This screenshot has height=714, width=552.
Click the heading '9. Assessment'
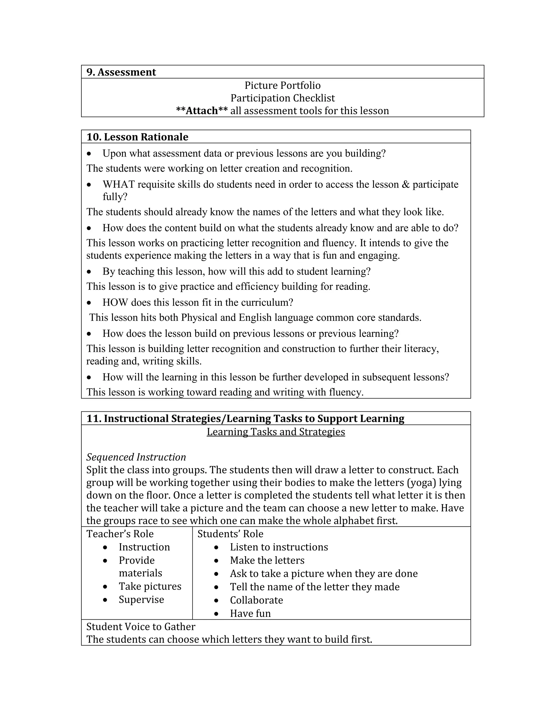point(121,72)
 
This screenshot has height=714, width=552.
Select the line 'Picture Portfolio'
point(282,85)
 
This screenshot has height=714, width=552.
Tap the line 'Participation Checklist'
point(282,98)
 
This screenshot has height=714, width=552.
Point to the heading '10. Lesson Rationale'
point(137,137)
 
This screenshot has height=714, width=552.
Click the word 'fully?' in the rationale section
point(115,197)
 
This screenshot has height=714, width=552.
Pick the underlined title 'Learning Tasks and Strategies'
point(276,432)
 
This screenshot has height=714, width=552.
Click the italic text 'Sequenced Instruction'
point(136,457)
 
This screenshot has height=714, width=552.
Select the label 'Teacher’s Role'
point(120,534)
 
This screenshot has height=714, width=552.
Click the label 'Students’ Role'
point(230,534)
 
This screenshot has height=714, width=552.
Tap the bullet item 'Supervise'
point(141,599)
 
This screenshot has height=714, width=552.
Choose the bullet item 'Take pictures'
point(150,586)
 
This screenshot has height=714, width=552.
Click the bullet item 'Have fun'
point(250,613)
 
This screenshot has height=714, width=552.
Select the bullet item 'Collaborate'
point(256,600)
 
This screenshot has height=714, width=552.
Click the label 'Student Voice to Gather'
point(141,627)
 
